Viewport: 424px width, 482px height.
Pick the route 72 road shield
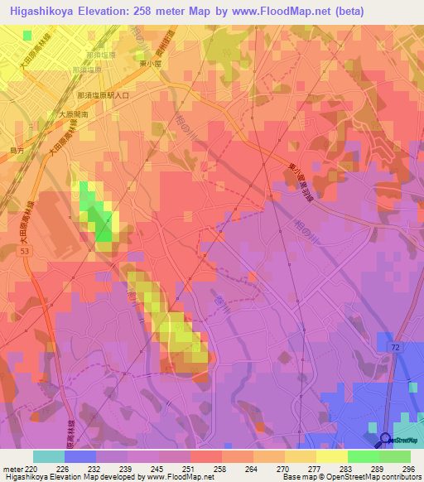click(x=397, y=349)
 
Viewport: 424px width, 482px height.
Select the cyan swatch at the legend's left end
click(x=49, y=456)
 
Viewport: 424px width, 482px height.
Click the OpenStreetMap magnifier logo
click(x=386, y=440)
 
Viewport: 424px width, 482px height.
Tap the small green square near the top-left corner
click(x=28, y=36)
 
